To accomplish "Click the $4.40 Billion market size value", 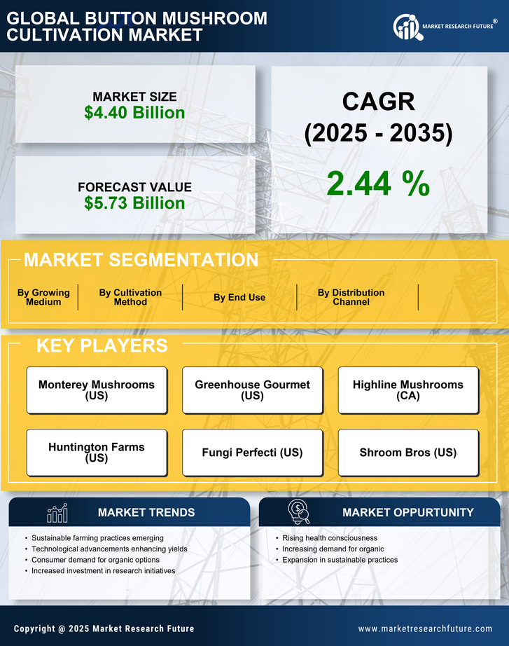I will point(134,113).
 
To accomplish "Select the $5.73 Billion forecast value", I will point(134,203).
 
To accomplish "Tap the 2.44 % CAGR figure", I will point(378,184).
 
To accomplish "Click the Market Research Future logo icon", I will point(405,27).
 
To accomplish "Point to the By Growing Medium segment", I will point(43,297).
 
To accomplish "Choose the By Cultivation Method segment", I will point(130,297).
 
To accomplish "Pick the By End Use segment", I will point(239,297).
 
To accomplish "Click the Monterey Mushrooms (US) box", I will point(97,390).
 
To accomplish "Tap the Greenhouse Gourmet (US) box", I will point(252,390).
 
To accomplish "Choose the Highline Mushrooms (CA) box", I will point(408,390).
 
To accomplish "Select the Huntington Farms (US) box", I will point(97,452).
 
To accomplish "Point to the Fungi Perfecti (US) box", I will point(252,452).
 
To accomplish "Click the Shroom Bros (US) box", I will point(408,452).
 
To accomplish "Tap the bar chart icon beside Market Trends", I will point(57,513).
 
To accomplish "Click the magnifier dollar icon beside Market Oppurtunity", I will point(298,512).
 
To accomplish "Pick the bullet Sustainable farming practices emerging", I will point(97,538).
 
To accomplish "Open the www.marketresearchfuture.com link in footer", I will point(425,628).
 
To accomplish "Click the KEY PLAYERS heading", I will point(102,345).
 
